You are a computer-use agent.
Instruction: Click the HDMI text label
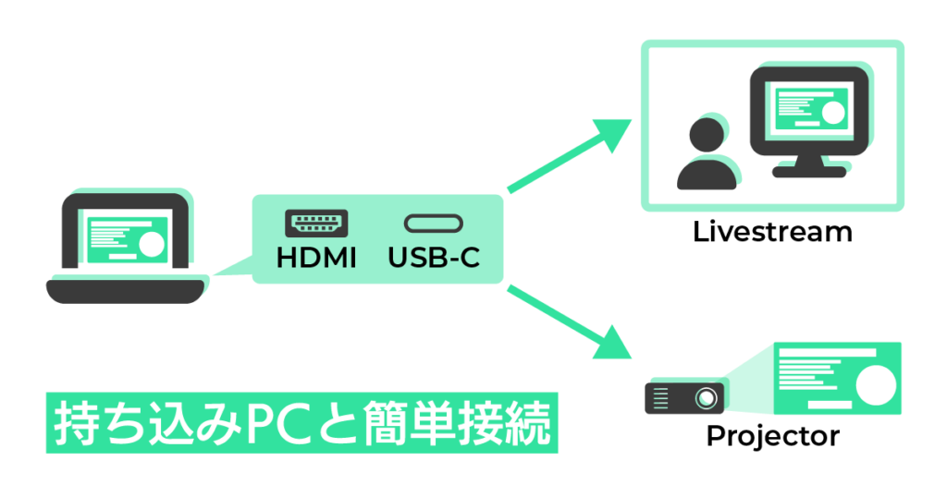[x=316, y=258]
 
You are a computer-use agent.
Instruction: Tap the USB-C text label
[x=434, y=258]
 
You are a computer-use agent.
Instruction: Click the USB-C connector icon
[x=434, y=224]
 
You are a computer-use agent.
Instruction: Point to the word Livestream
[x=772, y=231]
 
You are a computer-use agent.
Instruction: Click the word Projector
[x=772, y=435]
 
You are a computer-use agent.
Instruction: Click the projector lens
[x=706, y=398]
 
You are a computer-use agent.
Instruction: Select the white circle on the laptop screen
[x=151, y=244]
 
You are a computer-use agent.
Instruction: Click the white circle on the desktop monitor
[x=833, y=113]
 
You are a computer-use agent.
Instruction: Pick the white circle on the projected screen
[x=874, y=381]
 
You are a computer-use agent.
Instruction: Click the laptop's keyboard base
[x=124, y=291]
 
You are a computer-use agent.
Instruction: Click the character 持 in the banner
[x=74, y=424]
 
